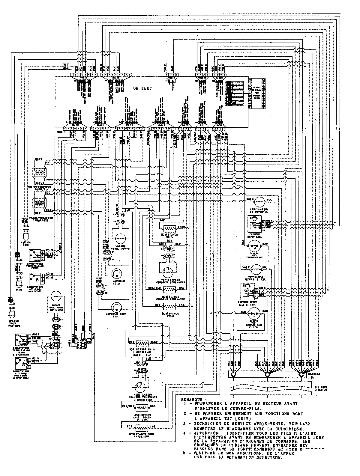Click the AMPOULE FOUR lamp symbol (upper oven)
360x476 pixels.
116,273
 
